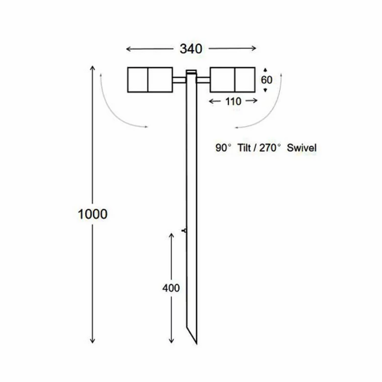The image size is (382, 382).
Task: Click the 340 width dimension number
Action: pyautogui.click(x=191, y=49)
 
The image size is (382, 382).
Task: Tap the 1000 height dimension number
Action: pyautogui.click(x=93, y=214)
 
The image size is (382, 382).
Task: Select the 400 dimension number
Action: pyautogui.click(x=171, y=288)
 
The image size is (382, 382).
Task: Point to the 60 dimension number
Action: pyautogui.click(x=266, y=80)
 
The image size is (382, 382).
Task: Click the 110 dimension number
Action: pyautogui.click(x=233, y=101)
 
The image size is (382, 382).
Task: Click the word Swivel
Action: pyautogui.click(x=302, y=148)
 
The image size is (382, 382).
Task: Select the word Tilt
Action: pyautogui.click(x=245, y=148)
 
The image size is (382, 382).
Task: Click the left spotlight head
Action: pyautogui.click(x=149, y=80)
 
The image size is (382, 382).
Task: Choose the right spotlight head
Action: pyautogui.click(x=232, y=80)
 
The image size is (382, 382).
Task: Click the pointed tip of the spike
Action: pyautogui.click(x=196, y=343)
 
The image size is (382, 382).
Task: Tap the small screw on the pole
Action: pyautogui.click(x=185, y=230)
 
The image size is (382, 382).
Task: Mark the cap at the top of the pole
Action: pyautogui.click(x=191, y=72)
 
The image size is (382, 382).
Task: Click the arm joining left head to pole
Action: pyautogui.click(x=179, y=80)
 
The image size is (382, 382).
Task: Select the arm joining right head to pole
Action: pyautogui.click(x=203, y=80)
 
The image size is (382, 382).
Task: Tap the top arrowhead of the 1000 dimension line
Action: pyautogui.click(x=92, y=67)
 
